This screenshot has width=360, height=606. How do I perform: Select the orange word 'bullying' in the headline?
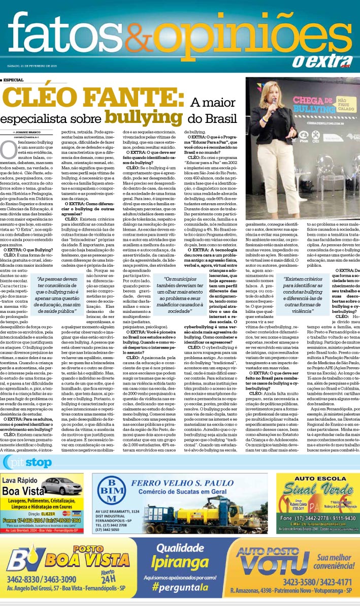(x=150, y=116)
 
